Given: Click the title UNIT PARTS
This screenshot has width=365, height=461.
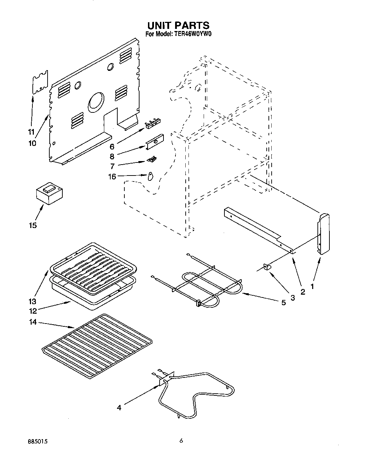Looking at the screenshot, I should coord(178,25).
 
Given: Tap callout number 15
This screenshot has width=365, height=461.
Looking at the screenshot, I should coord(33,225).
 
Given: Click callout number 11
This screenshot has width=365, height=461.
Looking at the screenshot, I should coord(31,133).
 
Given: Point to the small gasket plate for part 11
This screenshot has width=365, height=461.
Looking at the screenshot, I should coord(40,82).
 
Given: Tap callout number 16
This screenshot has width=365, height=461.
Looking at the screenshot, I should coord(112,177).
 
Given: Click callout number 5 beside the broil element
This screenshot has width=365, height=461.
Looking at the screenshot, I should coord(283,302).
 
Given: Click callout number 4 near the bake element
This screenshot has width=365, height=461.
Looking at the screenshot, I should coord(119,407).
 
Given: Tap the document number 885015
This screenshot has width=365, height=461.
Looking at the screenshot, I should coord(37,441).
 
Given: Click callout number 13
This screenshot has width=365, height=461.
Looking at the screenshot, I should coord(33,301).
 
